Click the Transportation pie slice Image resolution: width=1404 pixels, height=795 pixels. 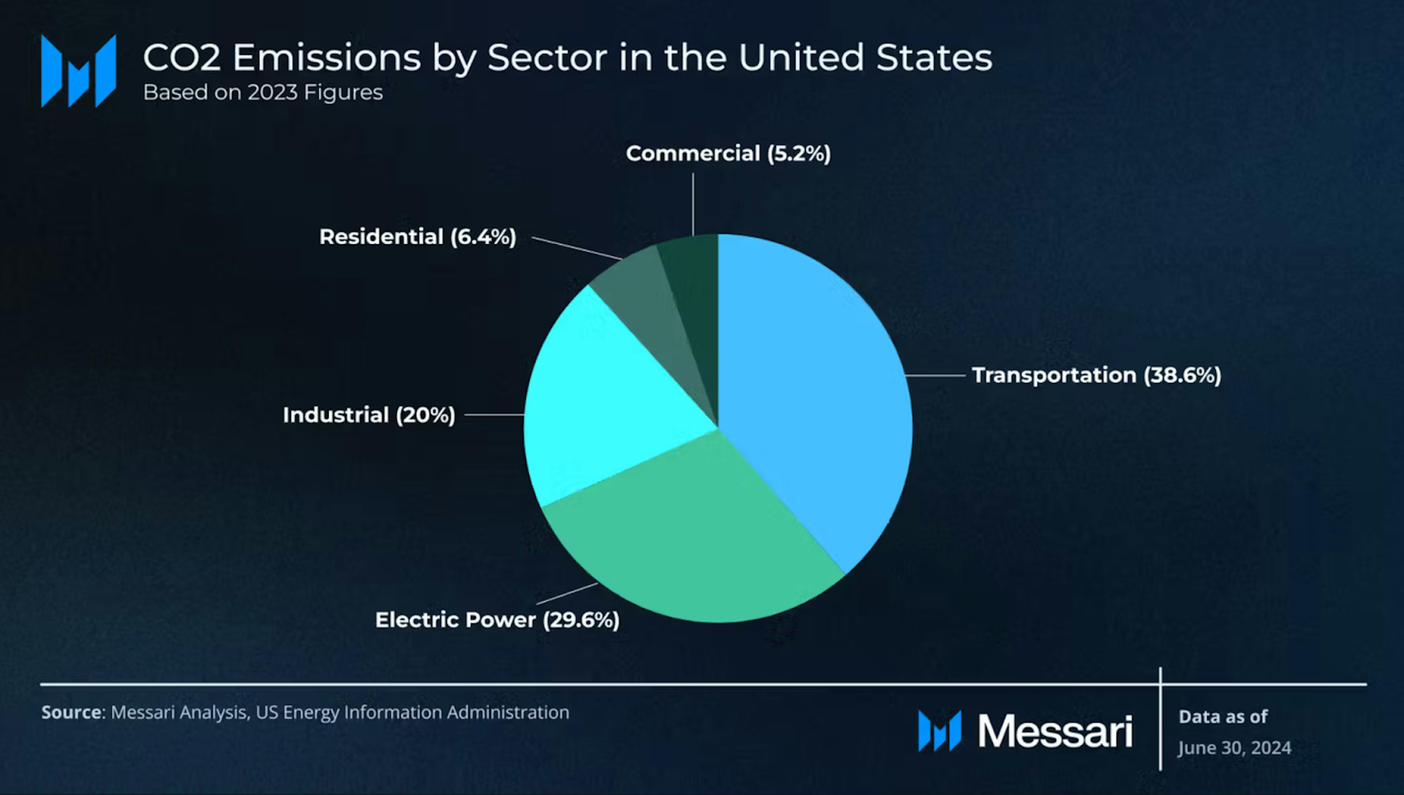814,393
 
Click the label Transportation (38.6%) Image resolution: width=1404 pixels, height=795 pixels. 1096,375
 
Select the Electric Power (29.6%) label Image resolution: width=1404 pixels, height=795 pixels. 497,620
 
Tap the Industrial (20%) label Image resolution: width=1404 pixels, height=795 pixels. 369,415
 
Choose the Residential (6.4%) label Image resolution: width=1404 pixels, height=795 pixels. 418,237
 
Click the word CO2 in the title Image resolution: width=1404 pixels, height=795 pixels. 182,57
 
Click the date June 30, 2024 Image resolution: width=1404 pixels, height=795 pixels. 1234,747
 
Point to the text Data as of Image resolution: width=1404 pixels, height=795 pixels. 1223,716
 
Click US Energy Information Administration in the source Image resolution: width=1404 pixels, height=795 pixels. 412,713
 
